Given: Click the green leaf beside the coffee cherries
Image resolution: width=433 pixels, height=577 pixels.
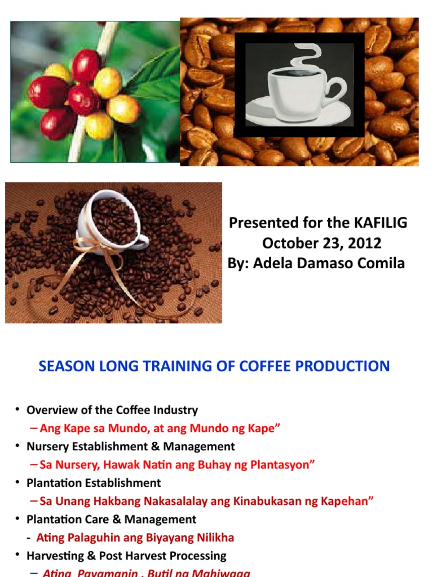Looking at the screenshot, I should click(x=152, y=78).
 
